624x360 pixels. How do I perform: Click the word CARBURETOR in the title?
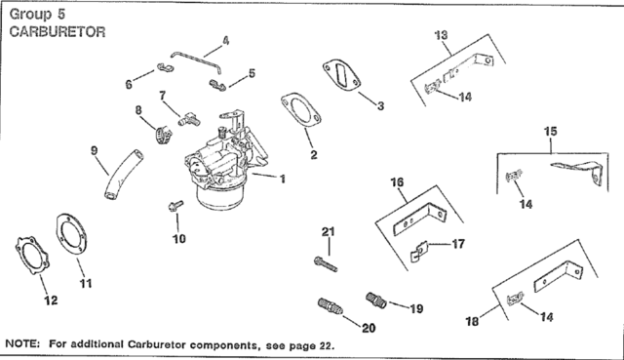click(57, 31)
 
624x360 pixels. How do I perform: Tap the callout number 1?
click(282, 180)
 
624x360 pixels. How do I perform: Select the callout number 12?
click(52, 302)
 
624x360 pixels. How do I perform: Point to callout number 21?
click(328, 230)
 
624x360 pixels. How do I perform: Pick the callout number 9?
click(95, 151)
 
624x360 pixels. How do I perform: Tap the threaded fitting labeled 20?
click(331, 310)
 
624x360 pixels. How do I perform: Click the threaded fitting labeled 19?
click(375, 298)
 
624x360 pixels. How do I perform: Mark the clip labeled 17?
click(415, 256)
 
